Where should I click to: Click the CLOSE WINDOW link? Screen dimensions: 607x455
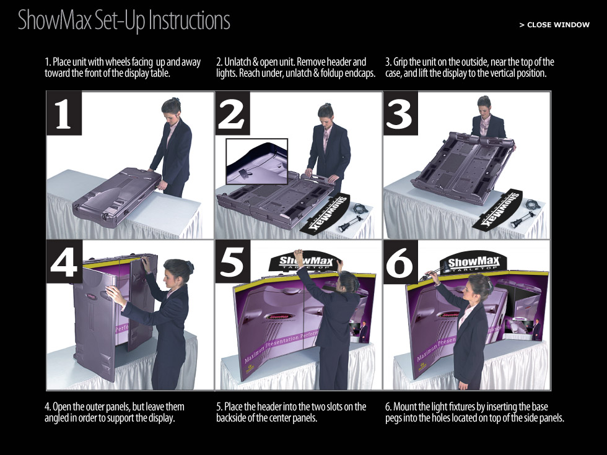(554, 25)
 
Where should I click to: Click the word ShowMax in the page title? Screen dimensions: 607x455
(55, 20)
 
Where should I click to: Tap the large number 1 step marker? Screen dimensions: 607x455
(64, 113)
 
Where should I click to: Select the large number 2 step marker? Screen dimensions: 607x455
(232, 113)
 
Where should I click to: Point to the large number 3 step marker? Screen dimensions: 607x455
(400, 113)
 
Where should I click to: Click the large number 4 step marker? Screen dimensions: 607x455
(64, 262)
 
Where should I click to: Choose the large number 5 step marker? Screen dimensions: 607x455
(232, 262)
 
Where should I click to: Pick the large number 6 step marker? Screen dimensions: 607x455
(400, 262)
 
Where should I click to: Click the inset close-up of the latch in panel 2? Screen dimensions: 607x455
(256, 162)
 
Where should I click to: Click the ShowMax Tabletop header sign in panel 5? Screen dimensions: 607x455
(304, 262)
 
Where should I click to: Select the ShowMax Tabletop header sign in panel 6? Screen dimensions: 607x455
(474, 264)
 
